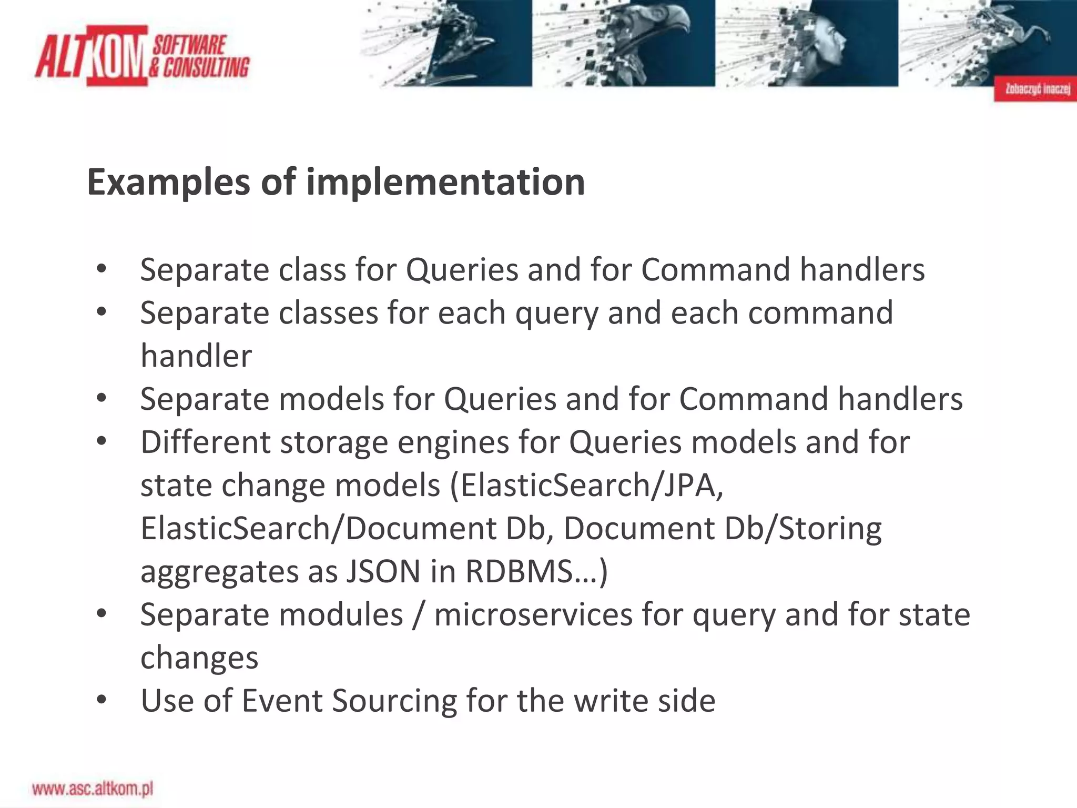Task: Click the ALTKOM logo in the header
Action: coord(142,56)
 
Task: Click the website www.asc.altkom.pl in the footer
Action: coord(93,789)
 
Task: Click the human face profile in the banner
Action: coord(826,42)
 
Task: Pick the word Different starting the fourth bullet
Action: coord(205,442)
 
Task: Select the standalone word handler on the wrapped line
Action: coord(196,356)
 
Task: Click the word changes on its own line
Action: coord(199,658)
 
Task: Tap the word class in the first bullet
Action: coord(311,270)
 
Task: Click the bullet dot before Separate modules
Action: coord(102,614)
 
